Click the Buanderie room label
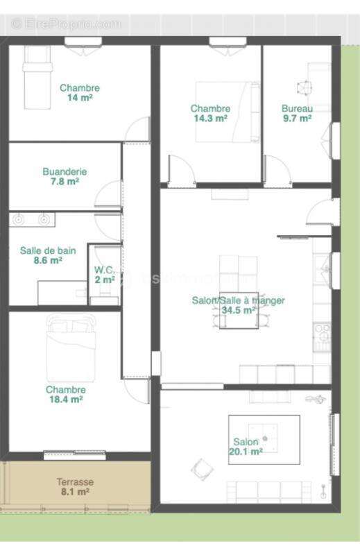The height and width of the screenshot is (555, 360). pyautogui.click(x=65, y=171)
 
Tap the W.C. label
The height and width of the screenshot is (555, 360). pyautogui.click(x=105, y=270)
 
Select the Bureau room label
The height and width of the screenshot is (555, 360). pyautogui.click(x=297, y=108)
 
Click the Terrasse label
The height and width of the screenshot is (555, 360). pyautogui.click(x=75, y=481)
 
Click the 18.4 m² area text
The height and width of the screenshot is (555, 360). pyautogui.click(x=65, y=400)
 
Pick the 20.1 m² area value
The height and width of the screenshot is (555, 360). pyautogui.click(x=246, y=452)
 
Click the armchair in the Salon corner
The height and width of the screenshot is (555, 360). pyautogui.click(x=201, y=470)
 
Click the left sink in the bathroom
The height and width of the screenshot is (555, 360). pyautogui.click(x=19, y=220)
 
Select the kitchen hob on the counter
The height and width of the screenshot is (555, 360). pyautogui.click(x=322, y=337)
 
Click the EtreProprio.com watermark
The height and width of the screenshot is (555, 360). pyautogui.click(x=66, y=24)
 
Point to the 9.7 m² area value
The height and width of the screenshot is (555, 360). pyautogui.click(x=297, y=119)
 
